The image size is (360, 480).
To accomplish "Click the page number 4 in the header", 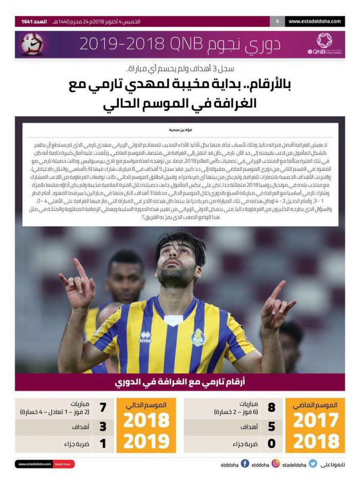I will (x=277, y=22).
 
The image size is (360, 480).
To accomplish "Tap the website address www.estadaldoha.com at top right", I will (x=315, y=22).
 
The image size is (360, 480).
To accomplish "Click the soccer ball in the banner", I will (x=32, y=45).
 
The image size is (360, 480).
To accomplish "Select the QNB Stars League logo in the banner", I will (x=324, y=43).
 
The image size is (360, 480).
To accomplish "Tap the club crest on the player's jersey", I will (x=198, y=337).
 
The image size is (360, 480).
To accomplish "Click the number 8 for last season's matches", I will (x=272, y=408).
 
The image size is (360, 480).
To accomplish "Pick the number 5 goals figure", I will (x=272, y=426).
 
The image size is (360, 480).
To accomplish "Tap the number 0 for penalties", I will (x=272, y=443).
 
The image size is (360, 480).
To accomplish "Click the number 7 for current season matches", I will (x=102, y=408).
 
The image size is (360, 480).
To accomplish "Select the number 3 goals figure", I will (x=102, y=426).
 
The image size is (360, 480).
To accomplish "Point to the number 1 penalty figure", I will (x=102, y=443).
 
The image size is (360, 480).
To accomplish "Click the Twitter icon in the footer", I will (x=313, y=464).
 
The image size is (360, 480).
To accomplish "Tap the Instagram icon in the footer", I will (x=276, y=464).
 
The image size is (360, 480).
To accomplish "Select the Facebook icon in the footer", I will (x=245, y=464).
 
